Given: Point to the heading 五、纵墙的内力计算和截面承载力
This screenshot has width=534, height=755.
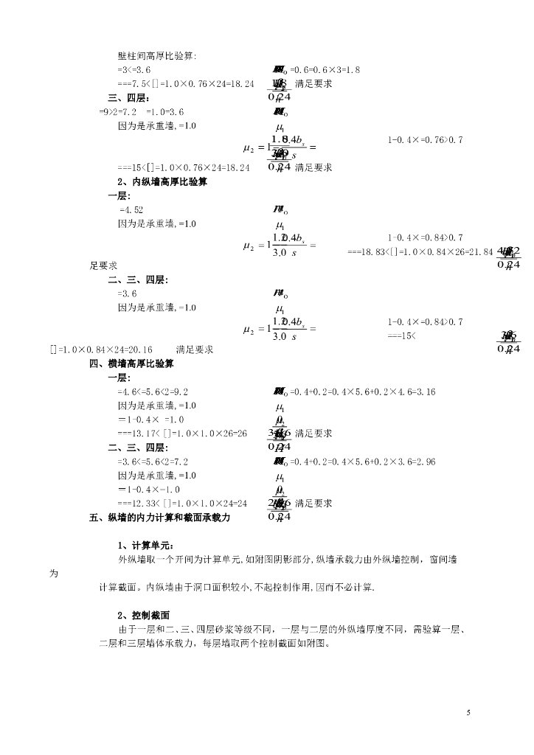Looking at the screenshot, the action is tap(159, 518).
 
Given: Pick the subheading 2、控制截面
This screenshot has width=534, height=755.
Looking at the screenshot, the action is tap(145, 615).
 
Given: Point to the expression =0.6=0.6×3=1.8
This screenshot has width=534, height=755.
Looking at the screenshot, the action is tap(325, 69).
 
